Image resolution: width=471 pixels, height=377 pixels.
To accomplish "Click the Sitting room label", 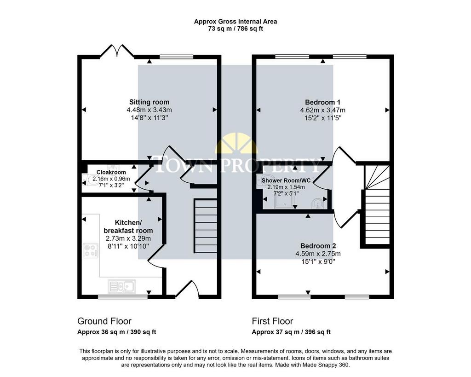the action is tap(149, 102).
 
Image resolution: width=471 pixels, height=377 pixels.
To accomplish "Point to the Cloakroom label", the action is tap(111, 172).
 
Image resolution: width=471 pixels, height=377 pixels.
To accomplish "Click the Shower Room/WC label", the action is tap(286, 180).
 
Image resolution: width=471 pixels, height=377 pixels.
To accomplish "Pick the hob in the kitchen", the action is tap(91, 250).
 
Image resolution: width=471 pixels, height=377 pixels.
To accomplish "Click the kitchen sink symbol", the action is tap(121, 286).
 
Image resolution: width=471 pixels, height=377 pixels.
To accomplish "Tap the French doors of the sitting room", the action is tap(117, 51).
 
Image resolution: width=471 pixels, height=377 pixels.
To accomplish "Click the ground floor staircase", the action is tap(206, 226).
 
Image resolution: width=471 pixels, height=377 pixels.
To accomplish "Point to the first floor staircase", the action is tap(377, 204).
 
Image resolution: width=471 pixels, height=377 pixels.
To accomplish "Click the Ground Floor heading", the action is tap(104, 321).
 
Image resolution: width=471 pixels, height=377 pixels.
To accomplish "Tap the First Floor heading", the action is tap(272, 321).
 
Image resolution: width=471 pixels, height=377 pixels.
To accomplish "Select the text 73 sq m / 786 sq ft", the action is tap(235, 29).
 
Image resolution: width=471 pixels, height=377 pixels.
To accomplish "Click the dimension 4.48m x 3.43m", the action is tap(149, 110).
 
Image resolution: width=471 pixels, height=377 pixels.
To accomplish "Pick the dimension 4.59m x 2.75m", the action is tap(318, 254).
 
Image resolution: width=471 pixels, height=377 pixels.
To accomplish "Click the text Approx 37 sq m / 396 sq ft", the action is tap(291, 332).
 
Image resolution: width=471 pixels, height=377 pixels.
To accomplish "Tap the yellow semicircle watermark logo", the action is tap(236, 144).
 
